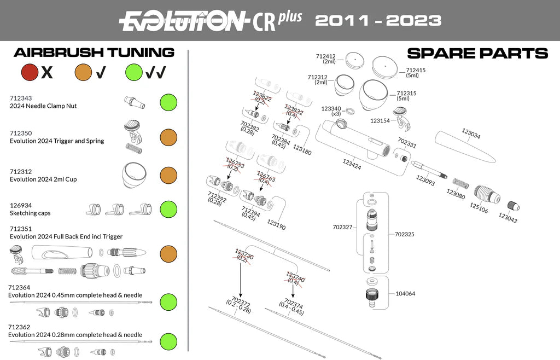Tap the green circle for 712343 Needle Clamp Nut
[x=168, y=102]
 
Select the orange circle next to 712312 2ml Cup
[x=168, y=175]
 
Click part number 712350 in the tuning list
[x=21, y=133]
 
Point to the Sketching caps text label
[x=30, y=213]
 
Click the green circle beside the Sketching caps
[x=168, y=209]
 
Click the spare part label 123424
[x=352, y=162]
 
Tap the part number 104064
[x=405, y=294]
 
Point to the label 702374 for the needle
[x=294, y=302]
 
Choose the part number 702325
[x=406, y=234]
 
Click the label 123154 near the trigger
[x=380, y=120]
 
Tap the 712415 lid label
[x=416, y=70]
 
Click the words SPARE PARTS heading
[x=477, y=53]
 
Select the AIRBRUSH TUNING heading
[x=94, y=53]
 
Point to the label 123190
[x=276, y=224]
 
